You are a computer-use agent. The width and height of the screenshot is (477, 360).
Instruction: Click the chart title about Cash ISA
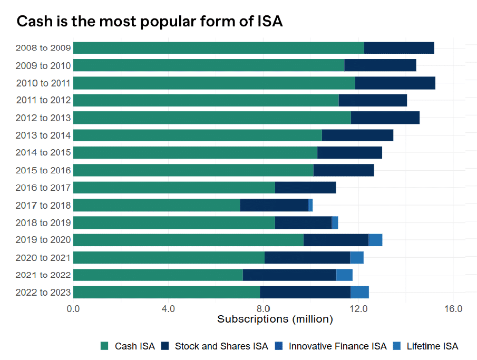click(x=150, y=22)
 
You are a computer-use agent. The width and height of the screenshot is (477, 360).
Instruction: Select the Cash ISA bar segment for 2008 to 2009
click(x=218, y=47)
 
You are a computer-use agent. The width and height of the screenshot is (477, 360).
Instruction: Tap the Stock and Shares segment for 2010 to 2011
click(x=395, y=83)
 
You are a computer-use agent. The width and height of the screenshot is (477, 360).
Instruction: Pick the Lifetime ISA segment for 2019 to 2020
click(x=375, y=240)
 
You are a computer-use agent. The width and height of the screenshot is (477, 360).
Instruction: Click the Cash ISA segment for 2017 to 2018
click(x=157, y=205)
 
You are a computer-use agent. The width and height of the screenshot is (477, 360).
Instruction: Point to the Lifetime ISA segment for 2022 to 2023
click(x=359, y=292)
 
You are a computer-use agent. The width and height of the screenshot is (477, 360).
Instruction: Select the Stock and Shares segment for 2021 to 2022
click(x=289, y=275)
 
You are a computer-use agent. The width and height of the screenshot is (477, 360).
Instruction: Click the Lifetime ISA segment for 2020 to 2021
click(x=357, y=257)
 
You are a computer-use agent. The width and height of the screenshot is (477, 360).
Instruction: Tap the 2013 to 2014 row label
click(x=43, y=135)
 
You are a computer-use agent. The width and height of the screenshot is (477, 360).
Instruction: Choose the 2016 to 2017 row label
click(x=43, y=188)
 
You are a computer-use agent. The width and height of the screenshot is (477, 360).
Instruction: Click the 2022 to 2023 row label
click(x=43, y=292)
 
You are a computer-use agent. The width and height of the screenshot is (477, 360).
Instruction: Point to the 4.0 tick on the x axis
click(x=168, y=308)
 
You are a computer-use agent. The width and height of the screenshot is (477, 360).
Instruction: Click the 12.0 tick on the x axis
click(x=358, y=308)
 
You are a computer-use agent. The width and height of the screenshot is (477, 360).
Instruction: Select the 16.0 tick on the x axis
click(x=453, y=308)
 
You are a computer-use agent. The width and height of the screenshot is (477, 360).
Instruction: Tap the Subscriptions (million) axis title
click(x=275, y=319)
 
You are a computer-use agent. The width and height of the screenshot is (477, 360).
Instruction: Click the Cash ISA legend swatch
click(x=104, y=346)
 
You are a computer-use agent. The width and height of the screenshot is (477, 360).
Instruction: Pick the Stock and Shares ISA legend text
click(x=221, y=346)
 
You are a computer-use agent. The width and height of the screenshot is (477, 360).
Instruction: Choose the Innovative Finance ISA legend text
click(x=337, y=346)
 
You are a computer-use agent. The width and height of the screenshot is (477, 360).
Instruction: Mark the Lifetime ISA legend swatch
click(x=397, y=346)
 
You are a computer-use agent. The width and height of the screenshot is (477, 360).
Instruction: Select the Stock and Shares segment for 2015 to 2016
click(x=344, y=170)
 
